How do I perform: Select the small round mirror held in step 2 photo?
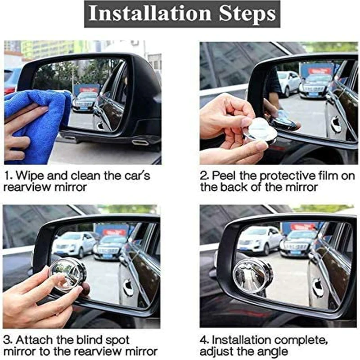click(x=261, y=130)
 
